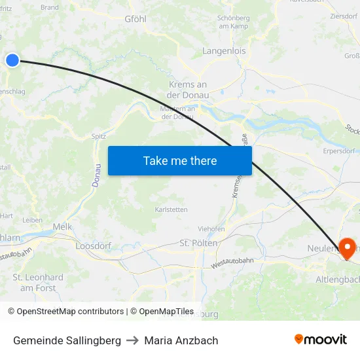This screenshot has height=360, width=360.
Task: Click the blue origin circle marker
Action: coord(12,60)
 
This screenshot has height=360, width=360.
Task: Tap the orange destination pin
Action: coord(346,247)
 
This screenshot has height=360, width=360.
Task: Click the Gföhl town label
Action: coord(135,19)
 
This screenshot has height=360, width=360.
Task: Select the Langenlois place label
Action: coord(224,50)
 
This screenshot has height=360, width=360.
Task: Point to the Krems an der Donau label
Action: coord(189,90)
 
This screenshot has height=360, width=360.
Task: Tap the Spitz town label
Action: coord(99,136)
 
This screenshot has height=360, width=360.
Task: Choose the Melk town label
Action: coord(62,226)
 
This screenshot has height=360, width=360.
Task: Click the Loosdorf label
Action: coord(94,245)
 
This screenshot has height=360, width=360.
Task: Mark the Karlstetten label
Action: coord(171,209)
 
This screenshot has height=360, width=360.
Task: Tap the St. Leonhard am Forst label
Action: coord(38,283)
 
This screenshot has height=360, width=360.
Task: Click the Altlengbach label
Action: coord(338,279)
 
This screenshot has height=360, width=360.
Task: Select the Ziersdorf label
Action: coord(344,16)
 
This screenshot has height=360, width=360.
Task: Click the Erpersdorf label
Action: coord(339,151)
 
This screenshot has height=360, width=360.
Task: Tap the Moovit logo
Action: coord(321,339)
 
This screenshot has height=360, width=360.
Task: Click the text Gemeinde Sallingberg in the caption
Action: coord(67,340)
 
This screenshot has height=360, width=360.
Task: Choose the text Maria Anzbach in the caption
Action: coord(181,340)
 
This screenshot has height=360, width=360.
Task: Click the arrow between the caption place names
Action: coord(132,340)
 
